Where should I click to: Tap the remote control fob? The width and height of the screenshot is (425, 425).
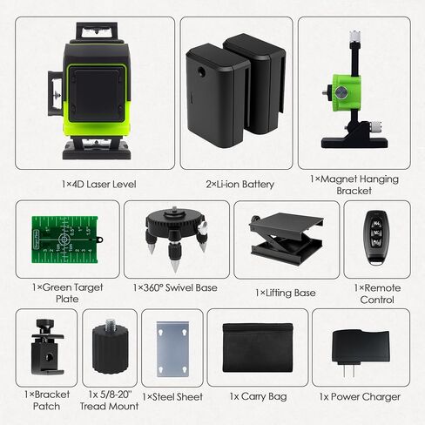click(x=377, y=237)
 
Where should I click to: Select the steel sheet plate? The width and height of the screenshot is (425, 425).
click(x=172, y=348)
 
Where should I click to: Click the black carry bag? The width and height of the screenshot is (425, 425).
click(x=258, y=347)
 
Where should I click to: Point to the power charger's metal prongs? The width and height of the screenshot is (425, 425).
click(x=348, y=371)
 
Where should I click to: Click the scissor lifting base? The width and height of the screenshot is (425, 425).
click(x=287, y=238)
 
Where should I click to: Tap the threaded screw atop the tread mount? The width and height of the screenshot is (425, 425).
click(x=111, y=324)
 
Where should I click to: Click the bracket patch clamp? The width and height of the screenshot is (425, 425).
click(x=47, y=347)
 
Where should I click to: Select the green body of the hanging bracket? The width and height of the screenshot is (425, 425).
click(x=347, y=91)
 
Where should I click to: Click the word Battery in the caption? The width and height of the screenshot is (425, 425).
click(x=258, y=185)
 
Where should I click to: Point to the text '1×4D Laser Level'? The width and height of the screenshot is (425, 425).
click(x=99, y=184)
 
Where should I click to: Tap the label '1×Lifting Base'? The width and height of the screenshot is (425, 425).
click(x=286, y=293)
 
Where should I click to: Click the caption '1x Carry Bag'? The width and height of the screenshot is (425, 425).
click(x=258, y=396)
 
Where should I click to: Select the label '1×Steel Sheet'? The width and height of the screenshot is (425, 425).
click(x=172, y=397)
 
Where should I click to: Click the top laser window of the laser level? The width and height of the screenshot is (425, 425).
click(x=97, y=32)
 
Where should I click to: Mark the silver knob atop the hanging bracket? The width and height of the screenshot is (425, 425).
click(x=355, y=36)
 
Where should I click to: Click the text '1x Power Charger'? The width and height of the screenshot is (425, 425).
click(x=360, y=397)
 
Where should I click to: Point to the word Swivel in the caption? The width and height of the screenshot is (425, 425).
click(x=179, y=287)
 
